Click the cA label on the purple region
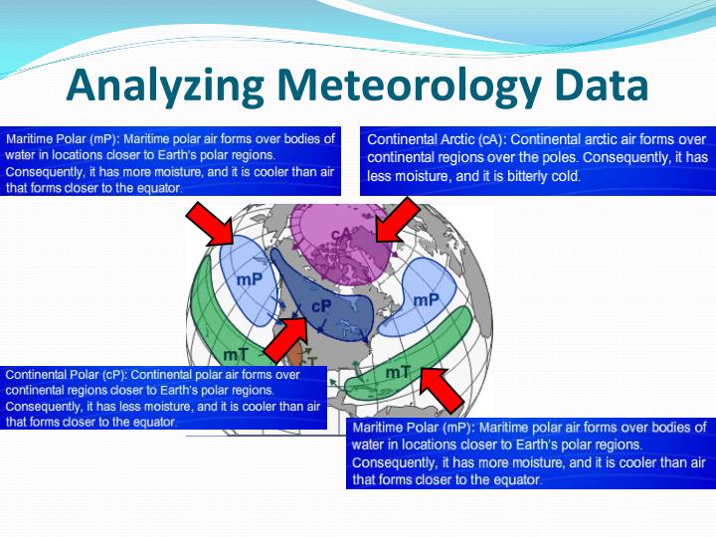point(342,235)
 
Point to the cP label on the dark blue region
point(320,307)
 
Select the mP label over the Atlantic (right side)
point(426,298)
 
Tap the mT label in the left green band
point(235,353)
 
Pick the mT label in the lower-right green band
point(398,372)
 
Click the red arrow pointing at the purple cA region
point(396,220)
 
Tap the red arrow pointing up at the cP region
point(286,340)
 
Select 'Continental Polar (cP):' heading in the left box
point(67,375)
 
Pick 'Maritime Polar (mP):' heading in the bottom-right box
point(412,428)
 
